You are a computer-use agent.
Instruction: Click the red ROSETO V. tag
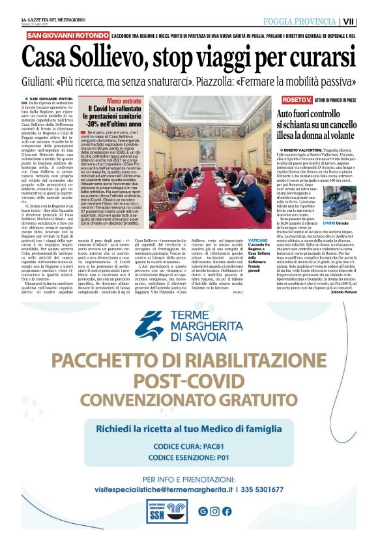click(297, 99)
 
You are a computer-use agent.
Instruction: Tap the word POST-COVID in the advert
click(189, 381)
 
